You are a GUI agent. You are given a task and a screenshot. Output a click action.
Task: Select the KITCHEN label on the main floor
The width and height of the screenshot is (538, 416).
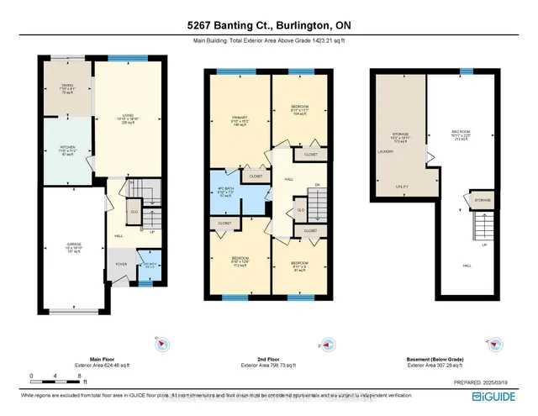point(69,150)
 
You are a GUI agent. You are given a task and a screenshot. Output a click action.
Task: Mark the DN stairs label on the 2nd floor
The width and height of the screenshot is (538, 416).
point(317,186)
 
